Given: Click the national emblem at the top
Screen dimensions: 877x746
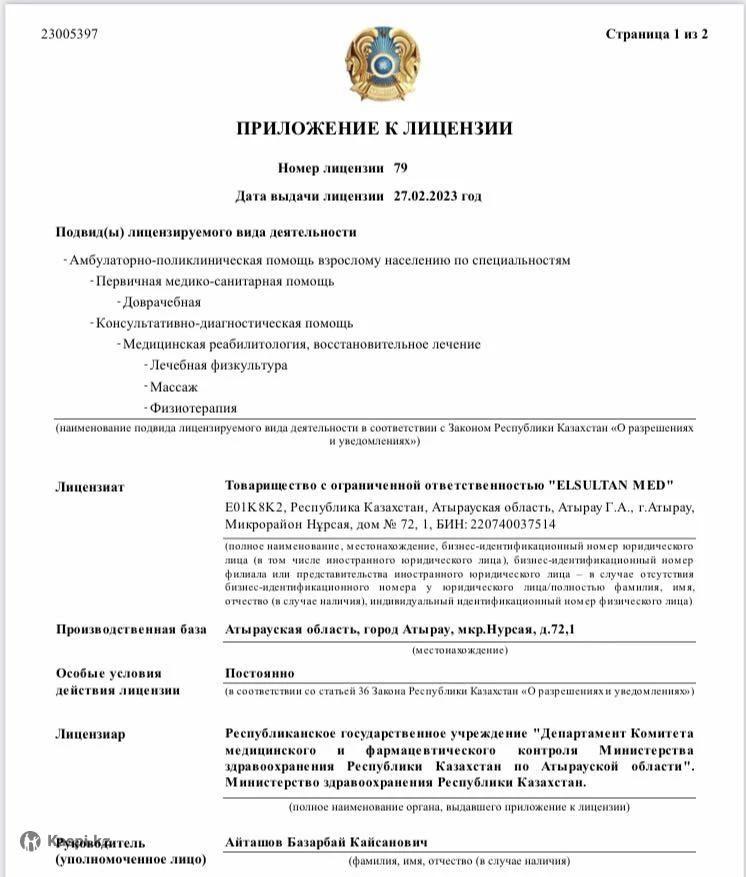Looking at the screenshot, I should (x=374, y=62).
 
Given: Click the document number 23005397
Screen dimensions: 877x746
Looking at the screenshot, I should (x=70, y=34).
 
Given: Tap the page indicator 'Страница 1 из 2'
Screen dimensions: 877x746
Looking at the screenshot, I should (x=656, y=34).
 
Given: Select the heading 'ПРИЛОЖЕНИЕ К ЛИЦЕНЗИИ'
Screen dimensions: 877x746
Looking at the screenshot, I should (x=374, y=128).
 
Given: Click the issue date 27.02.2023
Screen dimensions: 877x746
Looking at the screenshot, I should (x=438, y=196).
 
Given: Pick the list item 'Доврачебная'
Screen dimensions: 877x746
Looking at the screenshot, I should (x=161, y=302).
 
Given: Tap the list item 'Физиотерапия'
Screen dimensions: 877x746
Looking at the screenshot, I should (x=193, y=408).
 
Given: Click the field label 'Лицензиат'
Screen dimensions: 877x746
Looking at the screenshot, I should (x=90, y=488).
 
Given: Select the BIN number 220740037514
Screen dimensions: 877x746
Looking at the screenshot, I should (x=515, y=523).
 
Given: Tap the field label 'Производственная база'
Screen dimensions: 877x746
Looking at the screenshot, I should (x=130, y=629).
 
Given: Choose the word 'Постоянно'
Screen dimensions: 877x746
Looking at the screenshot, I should (x=260, y=673).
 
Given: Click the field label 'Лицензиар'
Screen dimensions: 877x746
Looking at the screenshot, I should (x=90, y=734).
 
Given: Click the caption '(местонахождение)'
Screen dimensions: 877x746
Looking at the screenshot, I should (x=460, y=650).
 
